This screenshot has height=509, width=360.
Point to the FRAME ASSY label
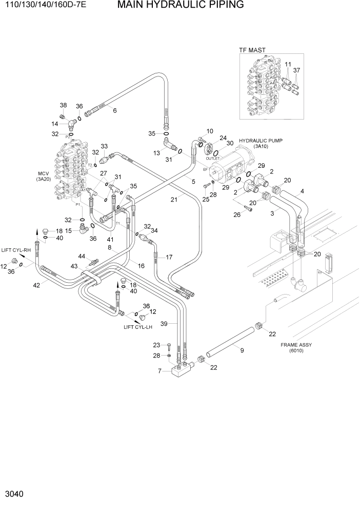296,345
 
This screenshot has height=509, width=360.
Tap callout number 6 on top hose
114,110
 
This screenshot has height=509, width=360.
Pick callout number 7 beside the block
159,371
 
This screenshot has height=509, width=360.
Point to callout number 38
63,105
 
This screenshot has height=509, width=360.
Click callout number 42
22,286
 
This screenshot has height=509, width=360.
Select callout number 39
165,323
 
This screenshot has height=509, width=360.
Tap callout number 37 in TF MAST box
296,70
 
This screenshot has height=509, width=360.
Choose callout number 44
81,256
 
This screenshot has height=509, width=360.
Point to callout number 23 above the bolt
156,345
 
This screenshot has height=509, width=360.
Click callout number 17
169,257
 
